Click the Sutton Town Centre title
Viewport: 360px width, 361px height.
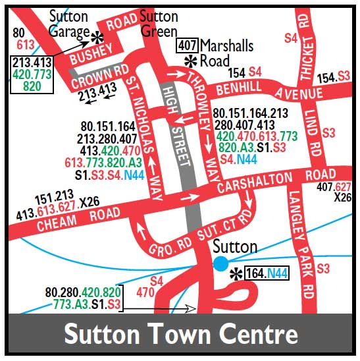coord(180,335)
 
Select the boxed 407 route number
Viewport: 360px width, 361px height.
coord(187,46)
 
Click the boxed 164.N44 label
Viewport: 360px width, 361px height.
coord(267,273)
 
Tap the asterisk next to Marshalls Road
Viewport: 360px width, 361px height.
coord(191,61)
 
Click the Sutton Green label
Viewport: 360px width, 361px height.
coord(159,24)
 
